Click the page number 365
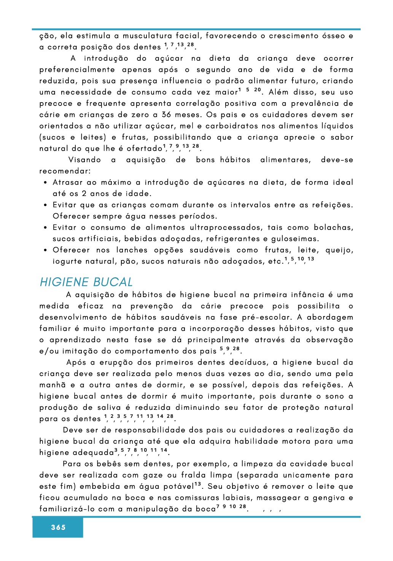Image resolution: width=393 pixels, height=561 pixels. click(x=58, y=527)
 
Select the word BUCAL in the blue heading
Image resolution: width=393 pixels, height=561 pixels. click(x=113, y=282)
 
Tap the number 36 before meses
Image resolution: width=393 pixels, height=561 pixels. click(x=166, y=115)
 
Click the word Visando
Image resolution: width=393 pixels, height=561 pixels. click(x=84, y=160)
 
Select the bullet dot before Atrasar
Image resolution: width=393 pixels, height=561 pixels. click(x=45, y=183)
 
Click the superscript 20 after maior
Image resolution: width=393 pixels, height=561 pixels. click(x=258, y=90)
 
